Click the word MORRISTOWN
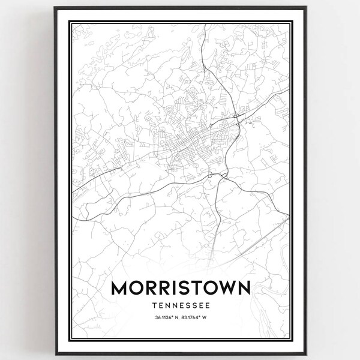pos(180,289)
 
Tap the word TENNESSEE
pos(180,305)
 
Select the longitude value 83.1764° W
pos(196,319)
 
